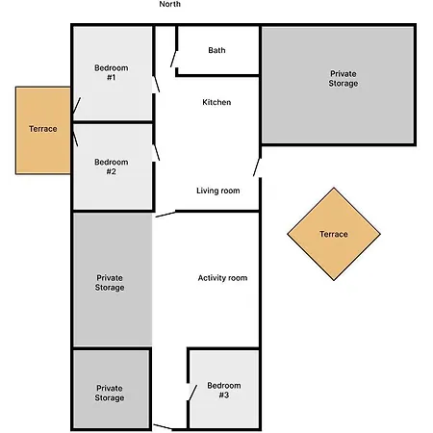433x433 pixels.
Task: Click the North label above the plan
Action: click(169, 5)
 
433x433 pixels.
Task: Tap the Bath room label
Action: click(216, 50)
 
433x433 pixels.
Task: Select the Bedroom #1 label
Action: click(111, 72)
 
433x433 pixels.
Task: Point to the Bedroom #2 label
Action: click(111, 167)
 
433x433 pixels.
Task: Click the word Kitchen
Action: click(216, 102)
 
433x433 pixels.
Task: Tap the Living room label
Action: click(217, 191)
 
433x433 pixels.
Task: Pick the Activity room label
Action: click(222, 278)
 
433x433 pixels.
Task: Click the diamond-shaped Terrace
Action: click(333, 234)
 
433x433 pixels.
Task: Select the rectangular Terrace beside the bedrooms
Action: click(42, 129)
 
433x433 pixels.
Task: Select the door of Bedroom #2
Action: click(157, 149)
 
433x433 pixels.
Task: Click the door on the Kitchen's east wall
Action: click(257, 165)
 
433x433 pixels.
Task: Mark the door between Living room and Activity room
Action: click(164, 215)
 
